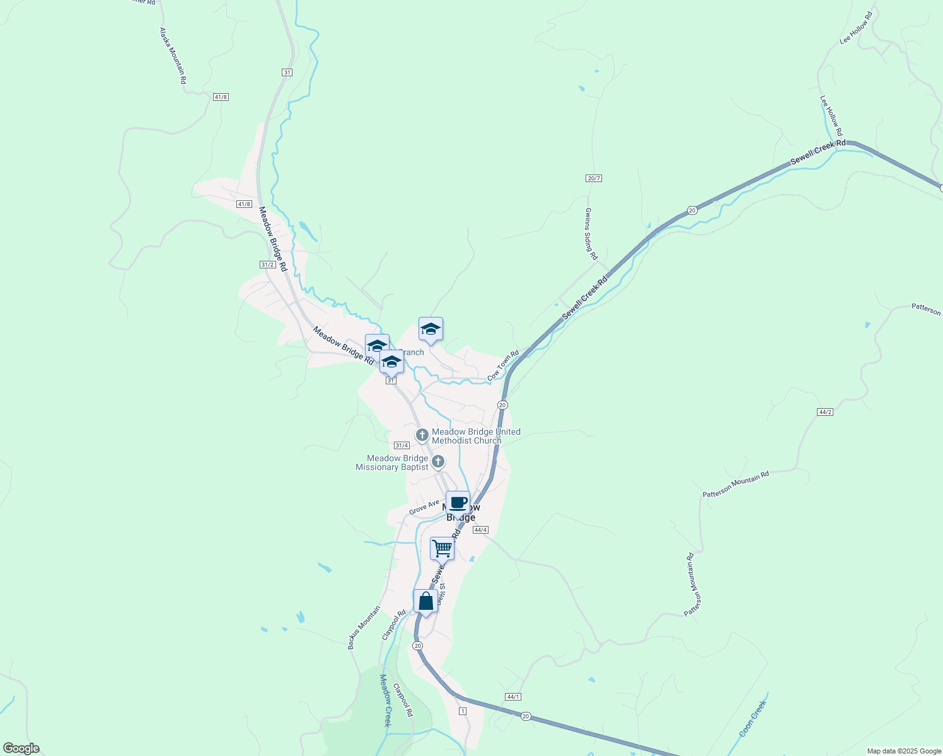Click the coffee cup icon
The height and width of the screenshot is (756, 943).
tap(458, 503)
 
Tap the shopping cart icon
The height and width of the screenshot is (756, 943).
tap(442, 548)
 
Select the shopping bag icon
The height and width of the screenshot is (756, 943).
tap(425, 600)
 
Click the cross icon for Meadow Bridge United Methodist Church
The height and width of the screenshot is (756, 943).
tap(422, 435)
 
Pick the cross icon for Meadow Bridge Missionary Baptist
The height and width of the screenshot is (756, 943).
tap(438, 462)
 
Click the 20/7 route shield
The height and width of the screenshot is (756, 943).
tap(594, 178)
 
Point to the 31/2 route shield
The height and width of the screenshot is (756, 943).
tap(267, 265)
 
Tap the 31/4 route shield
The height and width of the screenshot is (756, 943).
tap(402, 445)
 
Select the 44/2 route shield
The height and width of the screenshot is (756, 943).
tap(824, 412)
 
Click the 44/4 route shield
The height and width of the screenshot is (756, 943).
tap(480, 530)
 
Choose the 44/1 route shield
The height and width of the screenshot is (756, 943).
tap(513, 696)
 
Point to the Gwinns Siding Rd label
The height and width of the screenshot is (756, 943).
tap(591, 234)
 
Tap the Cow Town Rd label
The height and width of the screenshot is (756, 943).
tap(503, 365)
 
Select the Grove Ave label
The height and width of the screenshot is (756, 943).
tap(424, 507)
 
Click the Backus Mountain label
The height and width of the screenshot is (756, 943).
tap(364, 627)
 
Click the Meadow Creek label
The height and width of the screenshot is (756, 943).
tap(386, 700)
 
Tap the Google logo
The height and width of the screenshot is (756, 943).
tap(20, 748)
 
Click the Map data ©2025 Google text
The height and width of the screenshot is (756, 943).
tap(903, 751)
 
